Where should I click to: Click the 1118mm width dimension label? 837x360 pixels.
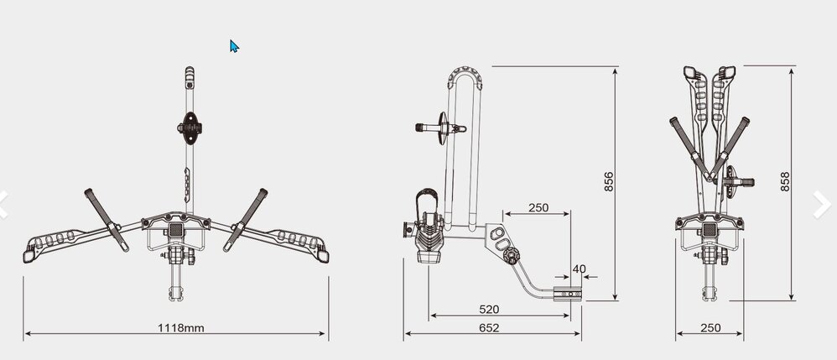tap(180, 327)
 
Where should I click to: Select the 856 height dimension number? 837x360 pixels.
tap(609, 181)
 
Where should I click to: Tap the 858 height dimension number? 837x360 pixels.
tap(785, 181)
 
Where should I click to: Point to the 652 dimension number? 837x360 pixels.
tap(489, 327)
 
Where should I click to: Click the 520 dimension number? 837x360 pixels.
tap(489, 310)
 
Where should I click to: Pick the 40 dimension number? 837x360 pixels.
tap(580, 269)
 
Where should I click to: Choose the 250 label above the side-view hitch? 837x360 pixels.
tap(538, 208)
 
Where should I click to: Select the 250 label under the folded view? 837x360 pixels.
tap(710, 327)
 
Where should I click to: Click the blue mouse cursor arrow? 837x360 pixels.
tap(234, 46)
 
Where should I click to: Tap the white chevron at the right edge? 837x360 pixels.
tap(823, 205)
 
